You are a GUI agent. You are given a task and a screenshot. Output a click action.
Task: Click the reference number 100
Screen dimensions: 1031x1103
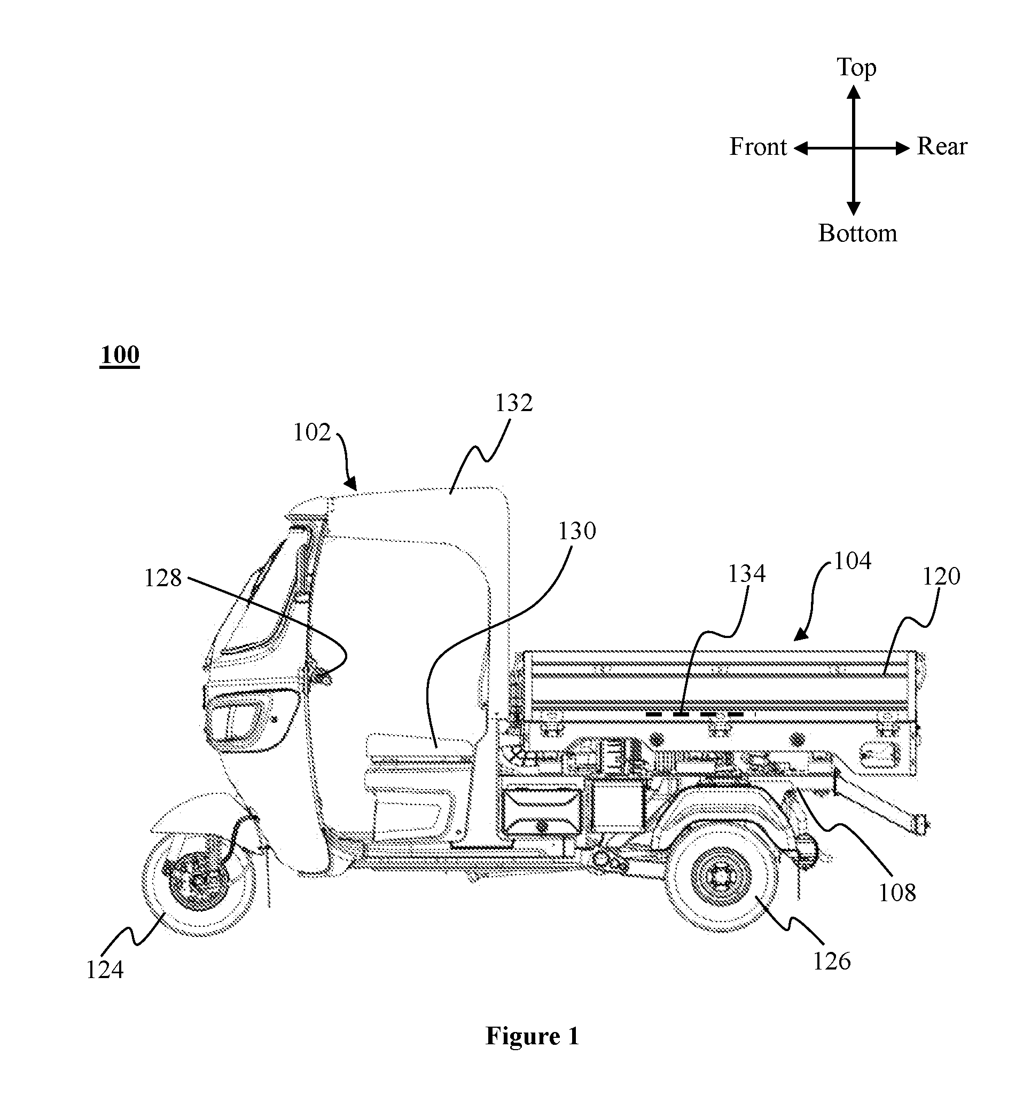(x=119, y=354)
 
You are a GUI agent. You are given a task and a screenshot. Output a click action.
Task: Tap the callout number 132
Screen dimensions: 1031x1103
(x=513, y=404)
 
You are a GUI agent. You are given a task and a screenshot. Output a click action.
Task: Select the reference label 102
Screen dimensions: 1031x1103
(x=312, y=432)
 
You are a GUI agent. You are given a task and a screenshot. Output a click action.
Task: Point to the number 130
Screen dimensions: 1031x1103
(x=577, y=531)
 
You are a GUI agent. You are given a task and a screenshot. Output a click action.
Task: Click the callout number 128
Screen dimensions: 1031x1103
(x=163, y=578)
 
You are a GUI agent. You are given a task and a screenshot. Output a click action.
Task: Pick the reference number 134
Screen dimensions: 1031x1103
(x=747, y=574)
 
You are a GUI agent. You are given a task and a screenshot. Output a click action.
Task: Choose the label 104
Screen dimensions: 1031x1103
(x=852, y=561)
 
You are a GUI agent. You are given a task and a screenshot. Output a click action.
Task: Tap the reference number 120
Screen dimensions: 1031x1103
(x=941, y=577)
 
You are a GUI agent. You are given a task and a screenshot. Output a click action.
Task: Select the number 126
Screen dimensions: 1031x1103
(x=832, y=961)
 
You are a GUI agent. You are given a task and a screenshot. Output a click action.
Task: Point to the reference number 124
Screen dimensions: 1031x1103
(x=104, y=970)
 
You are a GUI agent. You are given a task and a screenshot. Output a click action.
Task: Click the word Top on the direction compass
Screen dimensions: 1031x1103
(x=856, y=68)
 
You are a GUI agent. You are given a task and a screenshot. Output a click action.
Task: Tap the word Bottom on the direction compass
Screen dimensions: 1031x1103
(x=858, y=233)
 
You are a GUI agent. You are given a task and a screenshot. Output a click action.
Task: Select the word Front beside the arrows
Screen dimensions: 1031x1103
(x=758, y=147)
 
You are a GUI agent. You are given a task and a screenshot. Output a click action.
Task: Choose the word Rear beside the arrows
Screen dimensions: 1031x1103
(x=942, y=146)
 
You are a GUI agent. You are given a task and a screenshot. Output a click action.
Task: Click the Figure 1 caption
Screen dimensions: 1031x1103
(x=533, y=1035)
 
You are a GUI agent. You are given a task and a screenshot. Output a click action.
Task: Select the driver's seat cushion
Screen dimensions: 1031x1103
(x=419, y=747)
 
